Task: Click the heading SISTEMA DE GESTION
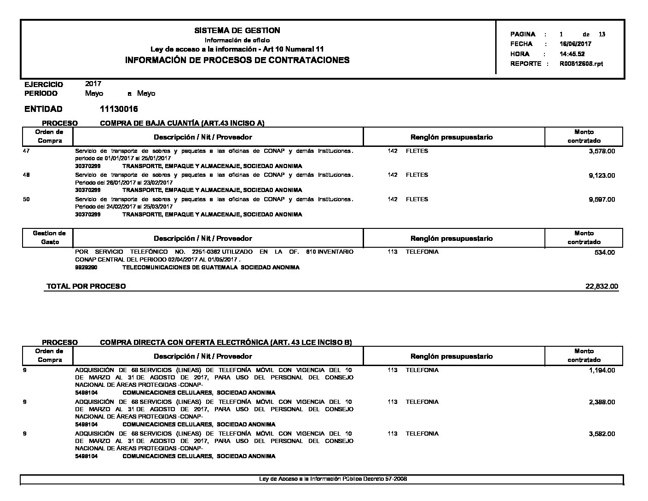237,30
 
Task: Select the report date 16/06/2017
575,44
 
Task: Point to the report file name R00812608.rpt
581,64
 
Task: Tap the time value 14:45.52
572,54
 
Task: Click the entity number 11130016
119,109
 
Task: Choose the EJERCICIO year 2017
93,84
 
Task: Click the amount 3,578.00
602,151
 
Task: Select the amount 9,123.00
602,175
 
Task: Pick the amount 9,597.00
602,199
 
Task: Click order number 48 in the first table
26,175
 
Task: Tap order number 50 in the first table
26,199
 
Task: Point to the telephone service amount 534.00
605,252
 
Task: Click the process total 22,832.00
602,286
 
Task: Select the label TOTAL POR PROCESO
86,286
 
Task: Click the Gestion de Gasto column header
49,238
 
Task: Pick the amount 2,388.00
602,402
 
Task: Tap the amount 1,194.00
602,370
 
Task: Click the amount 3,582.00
602,434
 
